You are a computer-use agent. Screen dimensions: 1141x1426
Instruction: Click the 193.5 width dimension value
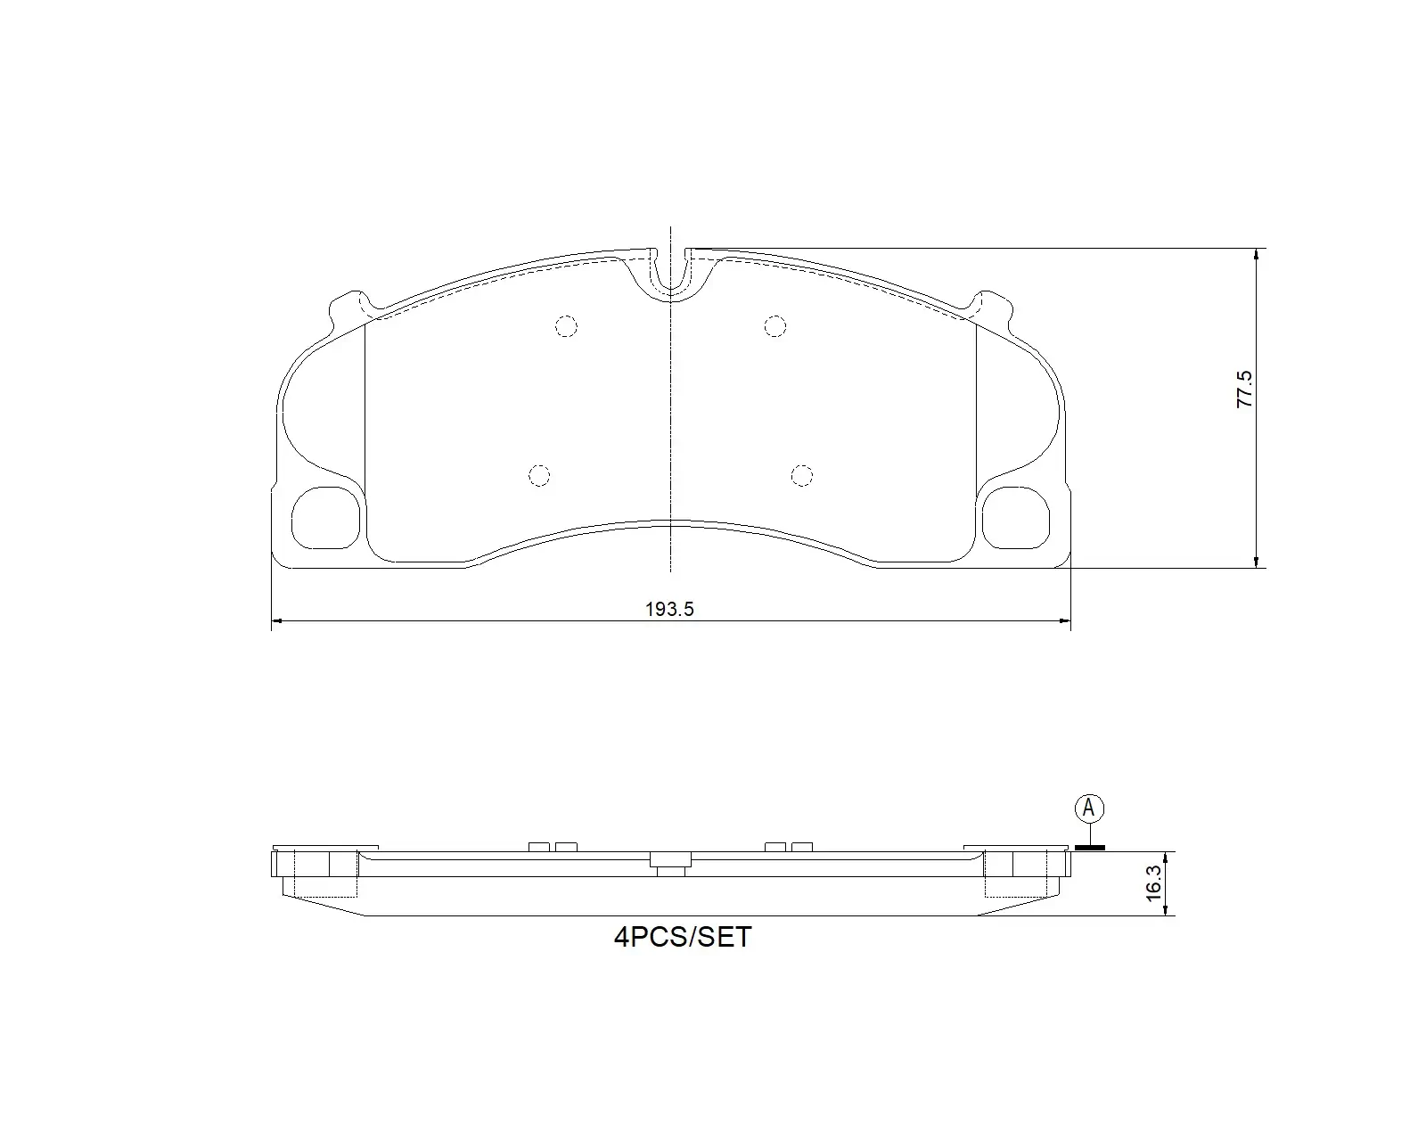pyautogui.click(x=669, y=610)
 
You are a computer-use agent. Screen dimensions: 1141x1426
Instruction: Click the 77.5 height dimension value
pyautogui.click(x=1245, y=390)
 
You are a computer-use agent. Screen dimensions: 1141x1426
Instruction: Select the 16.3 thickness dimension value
pyautogui.click(x=1153, y=883)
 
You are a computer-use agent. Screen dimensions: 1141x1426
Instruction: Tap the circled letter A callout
pyautogui.click(x=1088, y=809)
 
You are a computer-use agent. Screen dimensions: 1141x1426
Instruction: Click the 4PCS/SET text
pyautogui.click(x=683, y=937)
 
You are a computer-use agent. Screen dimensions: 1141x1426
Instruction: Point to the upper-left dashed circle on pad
pyautogui.click(x=566, y=326)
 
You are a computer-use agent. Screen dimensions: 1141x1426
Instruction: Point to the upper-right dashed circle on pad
pyautogui.click(x=775, y=326)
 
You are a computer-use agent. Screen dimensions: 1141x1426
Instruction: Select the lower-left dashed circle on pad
pyautogui.click(x=539, y=476)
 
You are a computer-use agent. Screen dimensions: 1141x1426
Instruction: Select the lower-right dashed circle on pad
pyautogui.click(x=802, y=476)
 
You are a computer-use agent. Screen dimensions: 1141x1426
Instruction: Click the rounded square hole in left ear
pyautogui.click(x=325, y=517)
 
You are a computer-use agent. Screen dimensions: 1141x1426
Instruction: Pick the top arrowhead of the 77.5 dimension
pyautogui.click(x=1256, y=254)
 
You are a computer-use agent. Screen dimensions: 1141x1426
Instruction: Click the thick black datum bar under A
pyautogui.click(x=1089, y=847)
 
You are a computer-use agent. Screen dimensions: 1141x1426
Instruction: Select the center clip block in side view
pyautogui.click(x=670, y=860)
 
